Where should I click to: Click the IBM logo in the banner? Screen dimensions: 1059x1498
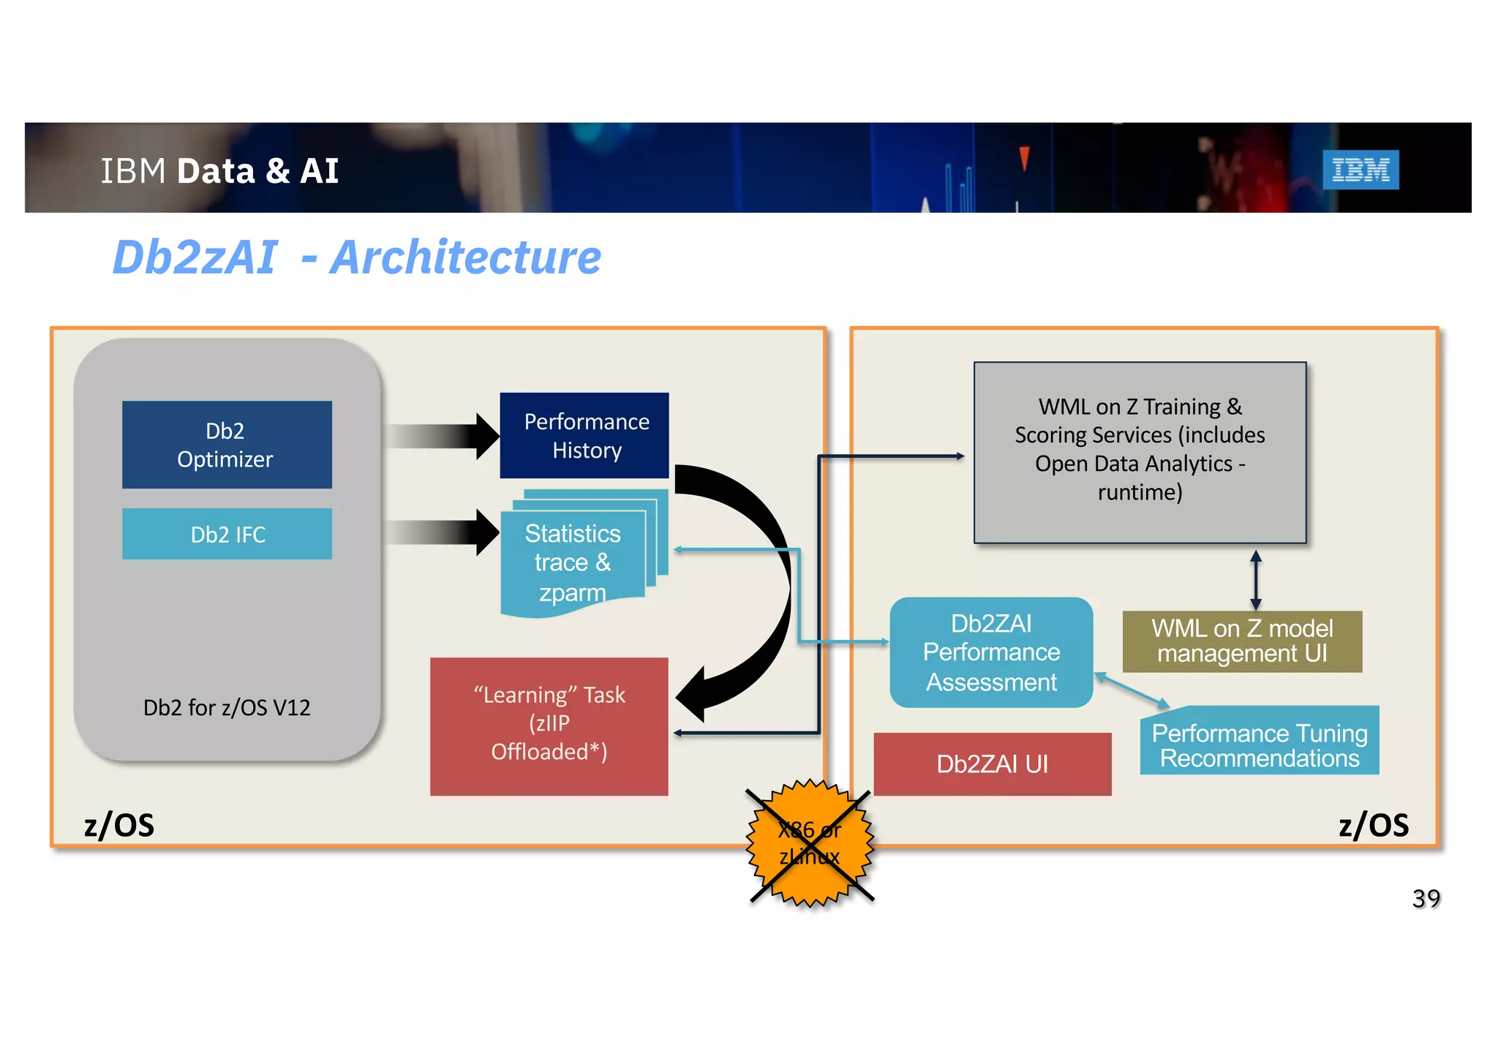point(1360,170)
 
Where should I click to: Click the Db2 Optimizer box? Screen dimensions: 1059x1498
point(227,445)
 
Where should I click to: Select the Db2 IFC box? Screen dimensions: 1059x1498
point(227,535)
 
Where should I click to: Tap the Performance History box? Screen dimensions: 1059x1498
point(584,436)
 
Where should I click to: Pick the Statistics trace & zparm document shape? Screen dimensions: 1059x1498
point(573,562)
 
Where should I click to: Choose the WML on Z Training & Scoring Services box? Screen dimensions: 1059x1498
point(1139,452)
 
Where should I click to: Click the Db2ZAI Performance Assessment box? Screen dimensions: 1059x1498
point(990,652)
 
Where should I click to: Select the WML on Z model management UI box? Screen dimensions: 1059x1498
point(1241,641)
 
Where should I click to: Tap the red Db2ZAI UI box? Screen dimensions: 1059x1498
point(992,764)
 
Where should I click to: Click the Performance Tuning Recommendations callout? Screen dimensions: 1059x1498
point(1259,745)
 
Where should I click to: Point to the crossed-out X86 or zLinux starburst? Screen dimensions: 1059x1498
point(810,843)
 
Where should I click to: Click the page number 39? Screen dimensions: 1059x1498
point(1426,898)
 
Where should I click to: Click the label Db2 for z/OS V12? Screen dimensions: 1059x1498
point(227,708)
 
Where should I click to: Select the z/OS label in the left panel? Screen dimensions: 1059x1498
point(119,825)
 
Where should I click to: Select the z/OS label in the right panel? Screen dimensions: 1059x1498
point(1373,825)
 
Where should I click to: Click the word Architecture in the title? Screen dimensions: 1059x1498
point(465,257)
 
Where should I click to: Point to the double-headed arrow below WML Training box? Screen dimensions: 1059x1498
point(1255,580)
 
